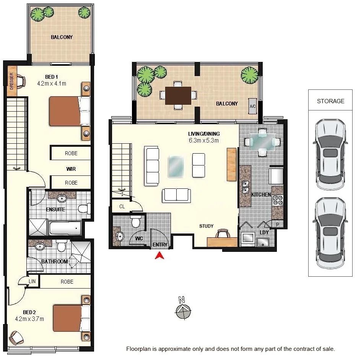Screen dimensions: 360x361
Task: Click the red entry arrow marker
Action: click(x=159, y=255)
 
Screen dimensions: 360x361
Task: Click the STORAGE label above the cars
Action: click(x=330, y=101)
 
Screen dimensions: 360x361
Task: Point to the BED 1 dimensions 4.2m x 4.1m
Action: click(x=52, y=83)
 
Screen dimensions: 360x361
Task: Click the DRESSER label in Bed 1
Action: click(x=11, y=81)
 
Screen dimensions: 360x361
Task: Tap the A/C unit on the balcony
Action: click(x=252, y=106)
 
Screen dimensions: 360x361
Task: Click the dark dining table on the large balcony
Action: click(x=178, y=95)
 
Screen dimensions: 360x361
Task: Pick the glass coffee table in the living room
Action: click(x=176, y=167)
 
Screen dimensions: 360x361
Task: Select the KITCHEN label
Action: click(x=261, y=195)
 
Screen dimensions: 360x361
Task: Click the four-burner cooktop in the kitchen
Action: click(x=277, y=201)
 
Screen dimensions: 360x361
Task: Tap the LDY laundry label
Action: click(x=264, y=232)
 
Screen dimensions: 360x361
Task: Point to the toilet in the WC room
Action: click(x=136, y=221)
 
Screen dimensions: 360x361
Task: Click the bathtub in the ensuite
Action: click(x=65, y=229)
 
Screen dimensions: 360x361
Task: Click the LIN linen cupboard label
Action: click(x=33, y=281)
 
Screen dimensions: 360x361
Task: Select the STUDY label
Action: click(x=206, y=226)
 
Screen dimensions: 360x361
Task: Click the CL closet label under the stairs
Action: click(x=122, y=206)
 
